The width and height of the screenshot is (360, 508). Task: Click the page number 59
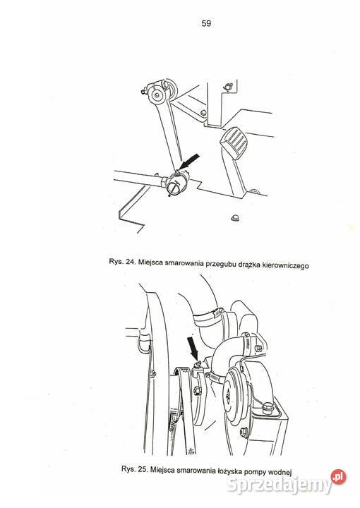point(206,23)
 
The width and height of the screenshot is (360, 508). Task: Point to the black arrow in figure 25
point(193,348)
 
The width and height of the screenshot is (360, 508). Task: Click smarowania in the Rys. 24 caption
point(184,262)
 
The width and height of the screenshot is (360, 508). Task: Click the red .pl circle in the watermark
point(338,477)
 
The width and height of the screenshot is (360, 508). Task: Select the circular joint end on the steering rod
point(176,186)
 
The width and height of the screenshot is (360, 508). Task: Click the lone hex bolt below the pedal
point(234,218)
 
